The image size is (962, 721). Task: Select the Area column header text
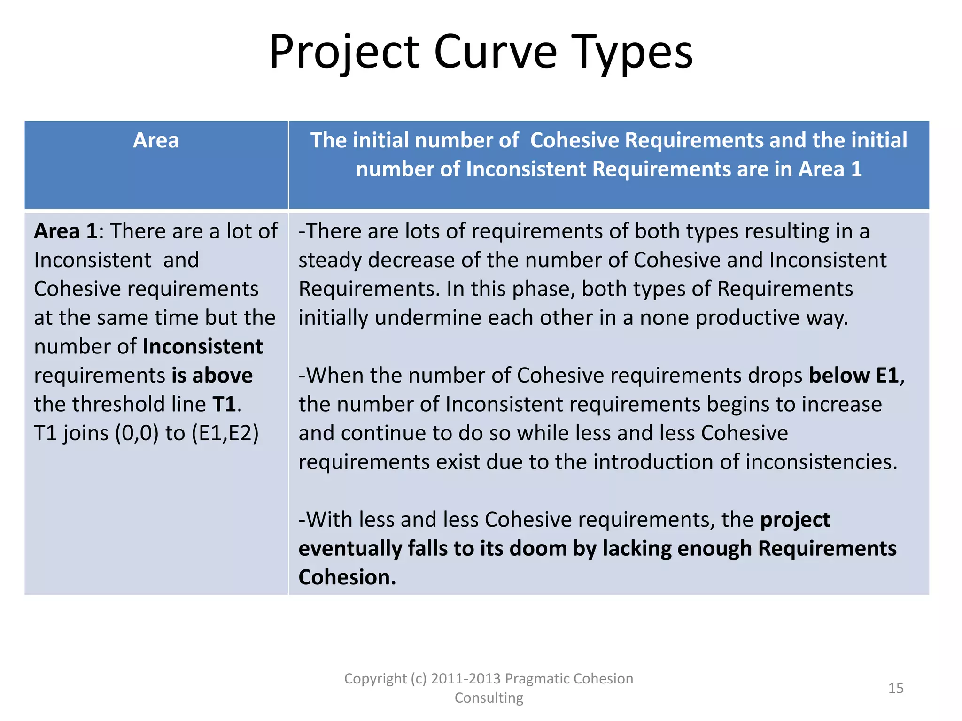point(156,140)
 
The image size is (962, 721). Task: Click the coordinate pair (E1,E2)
point(225,433)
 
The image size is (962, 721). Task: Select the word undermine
point(428,318)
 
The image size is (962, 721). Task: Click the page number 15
point(896,688)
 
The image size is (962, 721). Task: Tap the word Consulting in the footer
point(489,698)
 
